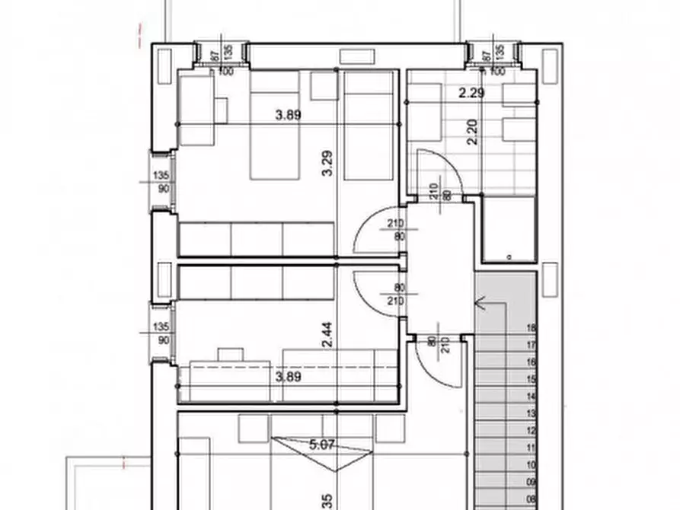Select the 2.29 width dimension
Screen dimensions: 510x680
pyautogui.click(x=472, y=94)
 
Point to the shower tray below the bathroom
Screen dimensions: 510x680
pyautogui.click(x=508, y=228)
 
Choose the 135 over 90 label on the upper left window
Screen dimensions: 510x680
pyautogui.click(x=161, y=182)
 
